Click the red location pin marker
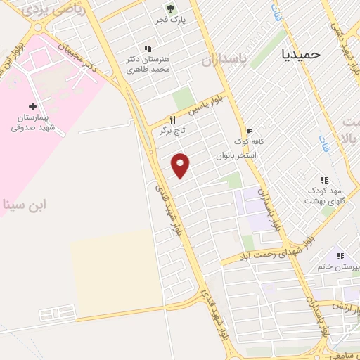pyautogui.click(x=181, y=165)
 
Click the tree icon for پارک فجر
pyautogui.click(x=169, y=8)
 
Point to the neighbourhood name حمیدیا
pyautogui.click(x=300, y=53)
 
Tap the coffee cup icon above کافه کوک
pyautogui.click(x=248, y=130)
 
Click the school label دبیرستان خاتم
pyautogui.click(x=338, y=267)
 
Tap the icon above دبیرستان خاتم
pyautogui.click(x=340, y=256)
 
